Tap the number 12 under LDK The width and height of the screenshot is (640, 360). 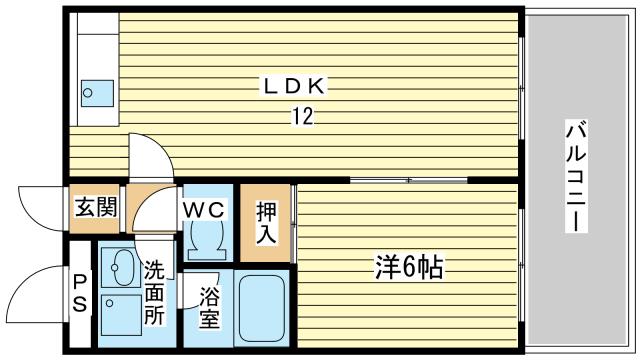click(302, 117)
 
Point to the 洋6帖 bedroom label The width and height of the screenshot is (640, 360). click(409, 267)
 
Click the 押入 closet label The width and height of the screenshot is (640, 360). click(265, 222)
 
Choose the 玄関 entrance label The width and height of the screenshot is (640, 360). click(96, 209)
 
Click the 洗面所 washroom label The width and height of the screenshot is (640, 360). click(154, 291)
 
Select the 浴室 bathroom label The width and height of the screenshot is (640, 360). click(209, 308)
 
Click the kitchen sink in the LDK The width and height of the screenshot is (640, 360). click(97, 93)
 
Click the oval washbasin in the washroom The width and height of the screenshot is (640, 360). click(123, 268)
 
